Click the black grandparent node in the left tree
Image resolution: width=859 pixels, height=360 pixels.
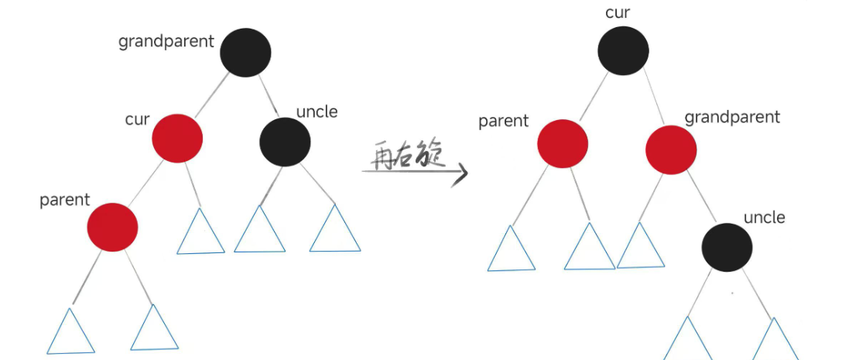click(245, 52)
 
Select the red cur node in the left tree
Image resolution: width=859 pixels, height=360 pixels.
click(177, 137)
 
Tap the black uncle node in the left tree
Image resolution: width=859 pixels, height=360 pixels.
click(285, 141)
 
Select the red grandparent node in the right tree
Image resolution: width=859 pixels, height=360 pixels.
click(670, 149)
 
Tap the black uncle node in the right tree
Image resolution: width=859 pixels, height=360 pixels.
click(727, 248)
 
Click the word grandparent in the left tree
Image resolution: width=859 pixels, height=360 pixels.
click(166, 42)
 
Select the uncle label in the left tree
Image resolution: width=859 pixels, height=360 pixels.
click(317, 111)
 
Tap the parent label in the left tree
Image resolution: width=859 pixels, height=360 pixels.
click(65, 200)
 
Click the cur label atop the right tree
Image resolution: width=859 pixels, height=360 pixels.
click(617, 12)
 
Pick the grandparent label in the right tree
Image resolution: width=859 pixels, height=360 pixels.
click(732, 118)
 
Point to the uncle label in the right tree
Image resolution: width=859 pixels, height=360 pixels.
click(764, 218)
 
